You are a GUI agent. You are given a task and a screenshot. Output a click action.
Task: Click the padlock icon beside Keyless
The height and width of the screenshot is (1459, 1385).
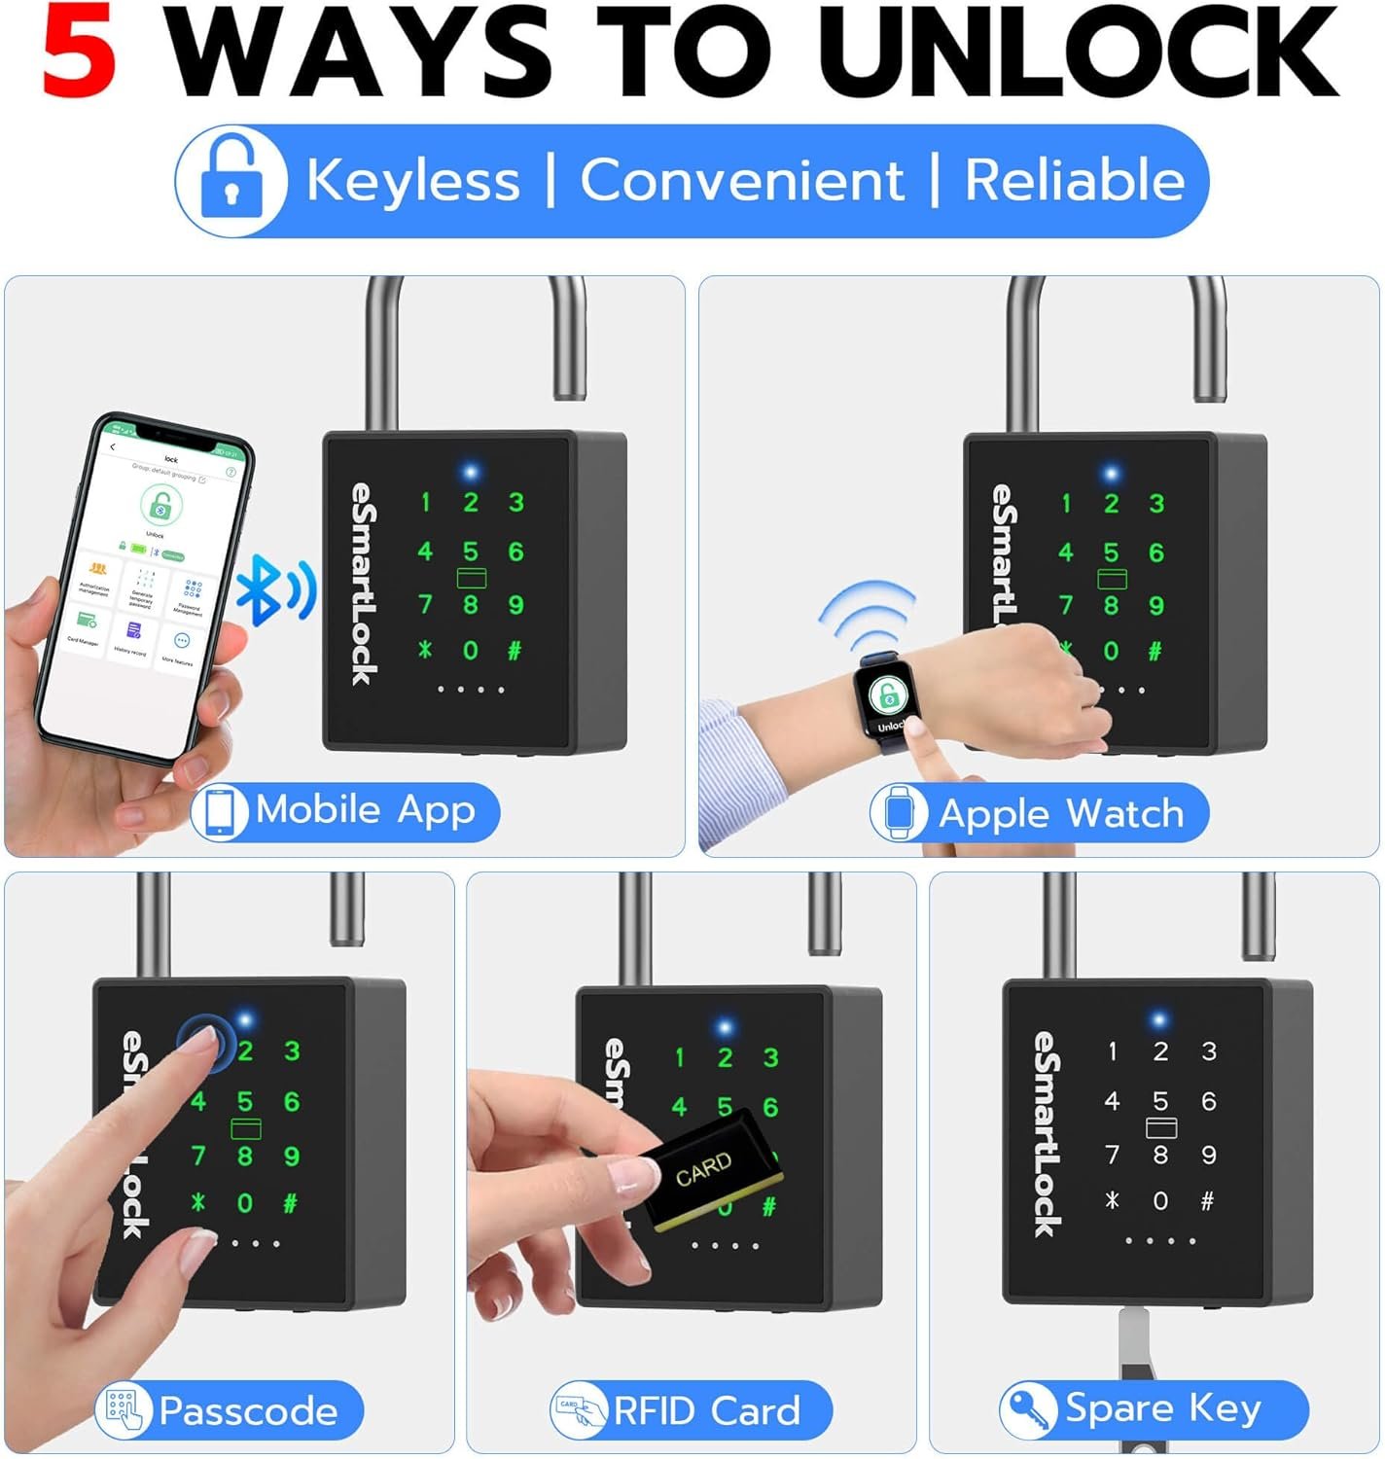pos(231,180)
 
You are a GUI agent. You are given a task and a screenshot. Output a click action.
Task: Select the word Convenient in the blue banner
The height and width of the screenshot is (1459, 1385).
pos(741,181)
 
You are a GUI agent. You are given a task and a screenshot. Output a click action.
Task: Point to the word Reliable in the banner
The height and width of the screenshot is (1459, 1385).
pos(1074,181)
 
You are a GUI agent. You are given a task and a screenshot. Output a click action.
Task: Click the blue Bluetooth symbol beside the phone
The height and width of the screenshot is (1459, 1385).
pos(275,590)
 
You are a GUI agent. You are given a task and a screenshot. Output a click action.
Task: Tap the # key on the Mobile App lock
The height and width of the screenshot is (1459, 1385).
pos(515,651)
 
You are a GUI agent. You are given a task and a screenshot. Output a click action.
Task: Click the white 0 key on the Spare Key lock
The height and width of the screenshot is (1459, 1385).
pos(1160,1201)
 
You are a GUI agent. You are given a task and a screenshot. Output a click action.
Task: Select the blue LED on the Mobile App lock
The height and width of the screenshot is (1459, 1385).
pos(471,473)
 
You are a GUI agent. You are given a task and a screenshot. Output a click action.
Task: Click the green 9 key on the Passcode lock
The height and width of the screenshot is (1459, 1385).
pos(291,1156)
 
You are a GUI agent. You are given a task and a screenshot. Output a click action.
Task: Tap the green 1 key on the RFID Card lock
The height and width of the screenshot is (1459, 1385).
pos(680,1057)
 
